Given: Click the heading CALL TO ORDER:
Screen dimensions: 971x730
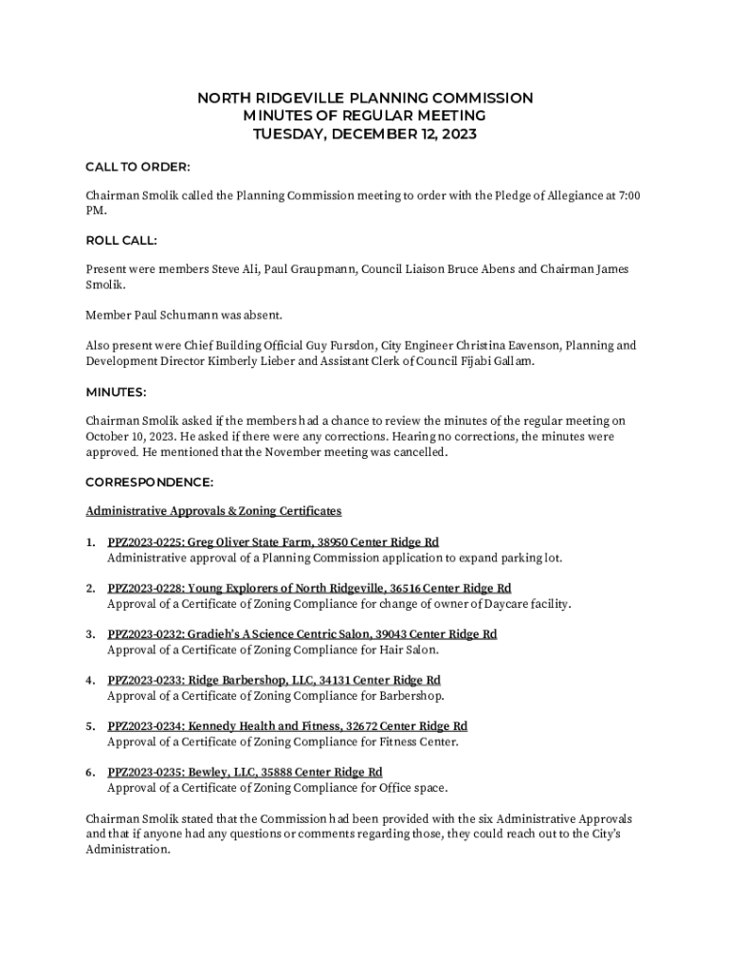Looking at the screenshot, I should click(137, 167).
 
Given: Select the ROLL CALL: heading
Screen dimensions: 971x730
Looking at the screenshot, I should click(121, 241).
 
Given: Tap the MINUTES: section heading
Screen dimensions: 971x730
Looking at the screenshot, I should click(116, 392).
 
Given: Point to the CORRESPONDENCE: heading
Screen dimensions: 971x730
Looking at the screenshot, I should click(149, 482).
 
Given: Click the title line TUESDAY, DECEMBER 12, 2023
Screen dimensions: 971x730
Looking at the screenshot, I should click(365, 134).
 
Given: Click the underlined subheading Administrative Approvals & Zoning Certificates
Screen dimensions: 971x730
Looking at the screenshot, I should click(213, 511).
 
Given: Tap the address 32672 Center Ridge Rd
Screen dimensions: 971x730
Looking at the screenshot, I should click(409, 726).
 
